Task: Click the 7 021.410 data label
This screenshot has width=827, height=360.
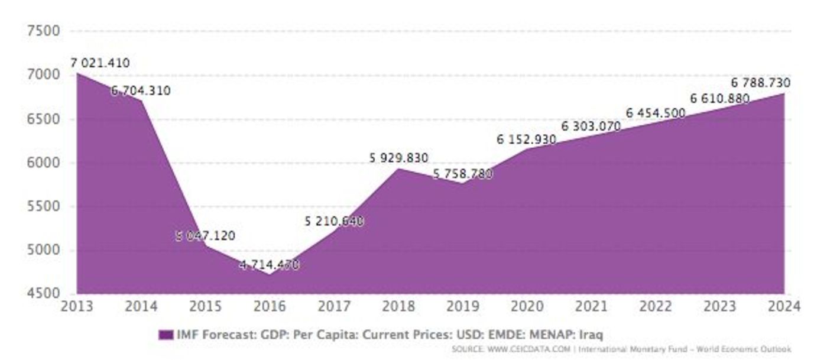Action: coord(100,63)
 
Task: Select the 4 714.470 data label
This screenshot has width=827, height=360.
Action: coord(269,264)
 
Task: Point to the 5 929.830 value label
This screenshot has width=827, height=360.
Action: coord(398,158)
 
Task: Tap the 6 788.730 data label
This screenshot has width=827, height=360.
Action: coord(760,83)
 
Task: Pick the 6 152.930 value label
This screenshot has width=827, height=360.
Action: coord(526,140)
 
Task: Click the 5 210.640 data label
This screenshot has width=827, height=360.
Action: coord(334,221)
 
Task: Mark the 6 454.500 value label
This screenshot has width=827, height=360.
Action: coord(656,113)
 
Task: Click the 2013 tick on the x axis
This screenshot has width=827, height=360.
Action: coord(77,307)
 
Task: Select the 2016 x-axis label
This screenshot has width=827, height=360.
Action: coord(270,307)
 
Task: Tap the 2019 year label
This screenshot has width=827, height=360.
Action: coord(463,307)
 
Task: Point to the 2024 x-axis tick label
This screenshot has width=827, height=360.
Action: coord(784,307)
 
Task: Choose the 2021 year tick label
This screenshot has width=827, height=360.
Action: coord(591,307)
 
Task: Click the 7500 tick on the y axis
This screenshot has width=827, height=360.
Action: coord(44,31)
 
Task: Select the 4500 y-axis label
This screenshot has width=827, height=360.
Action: coord(44,294)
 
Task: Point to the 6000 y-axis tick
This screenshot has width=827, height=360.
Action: coord(44,163)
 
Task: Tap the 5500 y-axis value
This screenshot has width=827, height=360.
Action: coord(44,207)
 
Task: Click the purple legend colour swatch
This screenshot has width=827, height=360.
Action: coord(166,335)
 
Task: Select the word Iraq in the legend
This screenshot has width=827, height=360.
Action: coord(591,335)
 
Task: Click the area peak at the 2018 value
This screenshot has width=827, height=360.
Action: coord(398,169)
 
